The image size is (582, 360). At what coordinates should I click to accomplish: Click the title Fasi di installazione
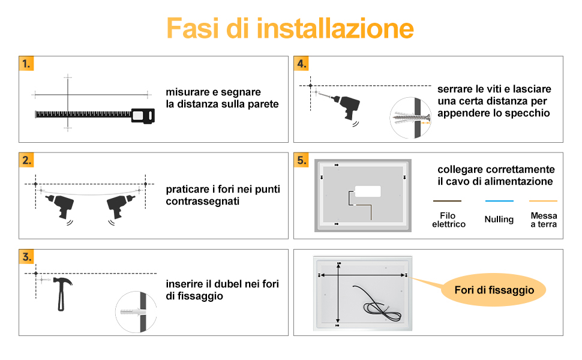point(290,28)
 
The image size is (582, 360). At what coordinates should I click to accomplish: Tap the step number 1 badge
point(26,64)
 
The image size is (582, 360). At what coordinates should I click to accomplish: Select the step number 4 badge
point(301,64)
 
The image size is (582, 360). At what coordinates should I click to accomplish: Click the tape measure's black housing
point(143,116)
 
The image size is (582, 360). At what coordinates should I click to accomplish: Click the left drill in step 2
point(60,206)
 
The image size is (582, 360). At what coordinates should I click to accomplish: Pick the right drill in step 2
point(120,206)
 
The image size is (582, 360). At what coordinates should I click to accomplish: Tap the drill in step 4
point(343,107)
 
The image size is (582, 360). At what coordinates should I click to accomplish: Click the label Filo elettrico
point(448,220)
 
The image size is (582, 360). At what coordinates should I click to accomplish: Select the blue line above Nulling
point(499,201)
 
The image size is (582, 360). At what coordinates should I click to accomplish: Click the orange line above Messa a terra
point(543,201)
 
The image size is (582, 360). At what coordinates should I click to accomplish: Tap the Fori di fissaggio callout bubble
point(494,290)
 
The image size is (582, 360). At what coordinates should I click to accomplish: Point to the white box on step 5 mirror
point(367,191)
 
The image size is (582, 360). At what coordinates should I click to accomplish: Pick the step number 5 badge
point(301,160)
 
